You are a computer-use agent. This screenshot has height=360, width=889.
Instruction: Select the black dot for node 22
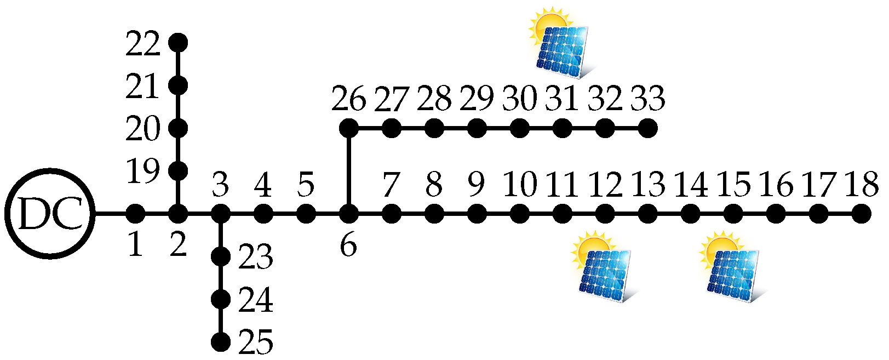[178, 42]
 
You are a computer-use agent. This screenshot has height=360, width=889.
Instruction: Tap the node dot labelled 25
[221, 342]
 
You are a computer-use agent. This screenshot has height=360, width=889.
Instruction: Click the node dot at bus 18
[861, 213]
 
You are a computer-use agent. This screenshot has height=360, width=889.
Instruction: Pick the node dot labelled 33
[647, 129]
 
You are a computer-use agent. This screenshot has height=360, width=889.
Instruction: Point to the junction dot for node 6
[348, 213]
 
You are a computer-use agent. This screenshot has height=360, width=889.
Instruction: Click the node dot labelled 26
[348, 129]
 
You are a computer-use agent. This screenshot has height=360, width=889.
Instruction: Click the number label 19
[143, 172]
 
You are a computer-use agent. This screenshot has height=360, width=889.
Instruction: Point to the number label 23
[256, 257]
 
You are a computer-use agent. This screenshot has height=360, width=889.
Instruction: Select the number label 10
[520, 185]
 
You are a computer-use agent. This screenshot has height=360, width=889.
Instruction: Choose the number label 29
[477, 99]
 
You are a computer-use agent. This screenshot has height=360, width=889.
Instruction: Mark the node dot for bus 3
[221, 213]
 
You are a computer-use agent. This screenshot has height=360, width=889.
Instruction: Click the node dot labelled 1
[135, 213]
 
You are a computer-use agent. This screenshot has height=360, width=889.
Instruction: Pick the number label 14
[691, 185]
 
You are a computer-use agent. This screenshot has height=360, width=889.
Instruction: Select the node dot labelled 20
[178, 129]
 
